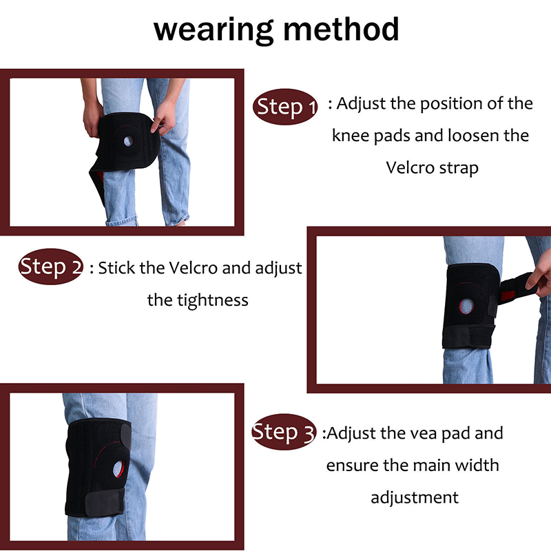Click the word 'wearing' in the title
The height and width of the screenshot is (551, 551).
pyautogui.click(x=214, y=31)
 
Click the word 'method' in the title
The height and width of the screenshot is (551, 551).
pyautogui.click(x=341, y=29)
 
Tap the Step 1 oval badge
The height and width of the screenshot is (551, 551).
pyautogui.click(x=285, y=107)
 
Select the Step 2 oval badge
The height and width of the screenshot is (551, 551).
pyautogui.click(x=51, y=267)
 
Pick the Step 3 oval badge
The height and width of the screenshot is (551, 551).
pyautogui.click(x=284, y=432)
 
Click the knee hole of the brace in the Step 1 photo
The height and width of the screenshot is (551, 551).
pyautogui.click(x=128, y=141)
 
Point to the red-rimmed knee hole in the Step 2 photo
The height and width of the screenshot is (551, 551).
pyautogui.click(x=466, y=306)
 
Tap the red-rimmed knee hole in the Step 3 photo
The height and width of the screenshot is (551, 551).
pyautogui.click(x=118, y=469)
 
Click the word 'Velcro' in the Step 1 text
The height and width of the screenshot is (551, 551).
pyautogui.click(x=410, y=167)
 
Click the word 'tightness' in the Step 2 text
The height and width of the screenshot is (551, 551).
pyautogui.click(x=213, y=301)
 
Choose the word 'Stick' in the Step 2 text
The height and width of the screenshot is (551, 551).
pyautogui.click(x=116, y=268)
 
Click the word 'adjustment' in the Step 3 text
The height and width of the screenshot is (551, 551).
pyautogui.click(x=415, y=498)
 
